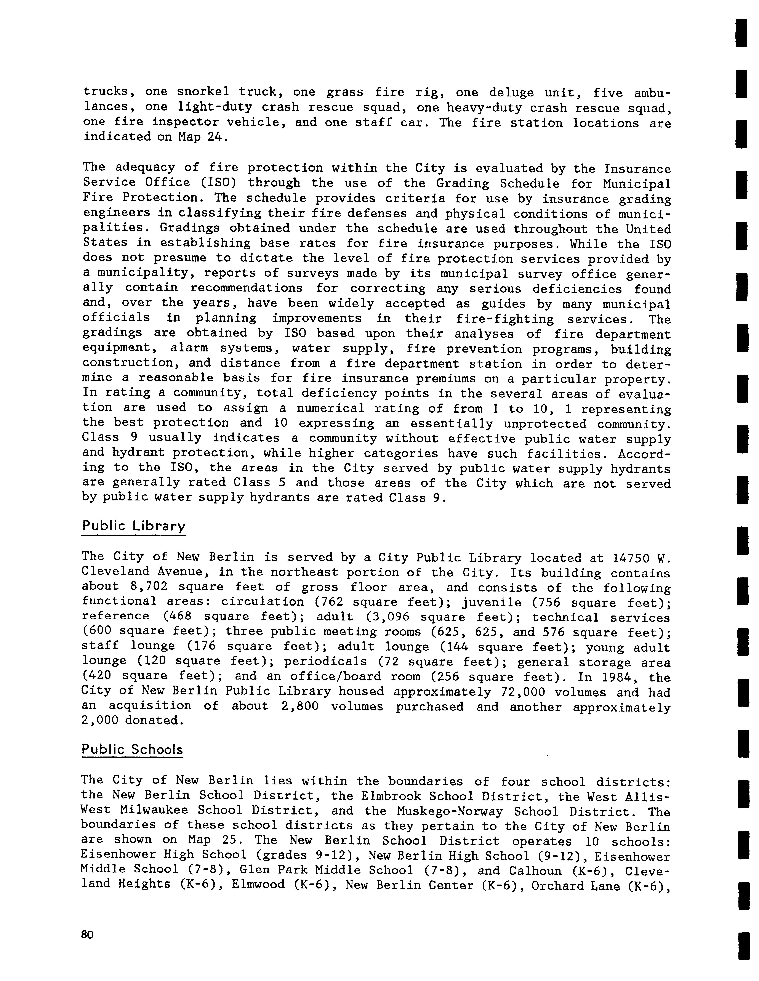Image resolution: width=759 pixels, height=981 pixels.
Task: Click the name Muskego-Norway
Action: point(450,812)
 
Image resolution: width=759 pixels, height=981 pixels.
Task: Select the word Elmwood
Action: point(258,886)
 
